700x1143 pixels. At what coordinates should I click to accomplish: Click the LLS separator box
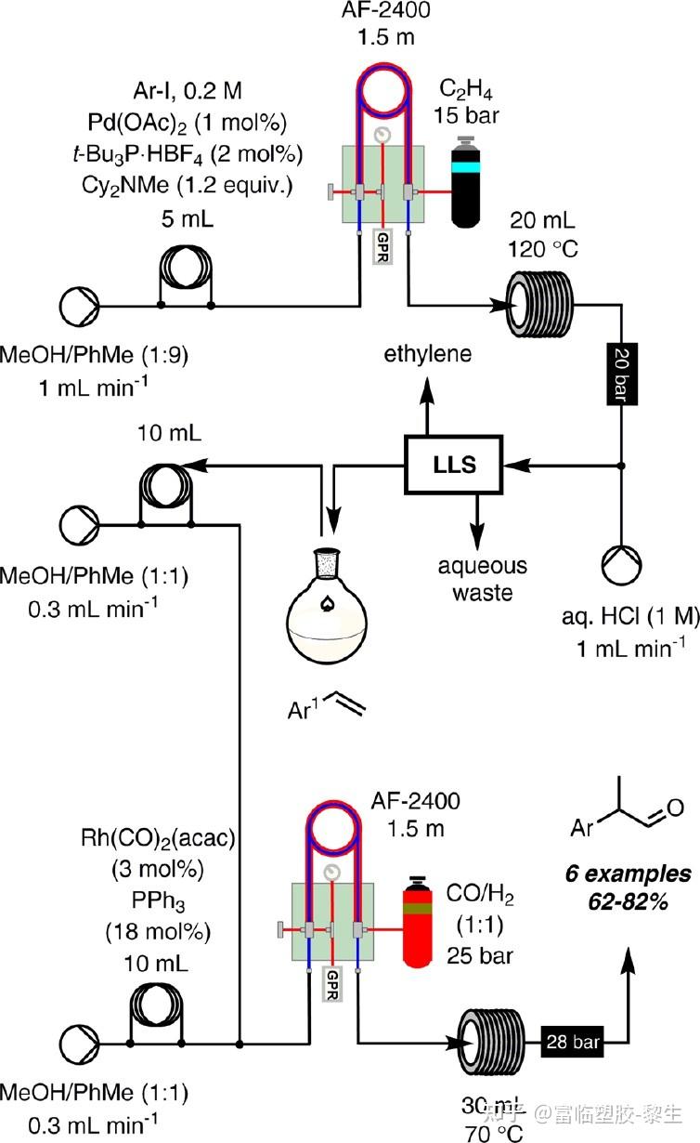[x=454, y=465]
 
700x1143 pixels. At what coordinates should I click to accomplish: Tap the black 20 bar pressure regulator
[x=620, y=373]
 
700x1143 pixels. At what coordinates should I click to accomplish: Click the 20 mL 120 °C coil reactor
[x=541, y=305]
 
